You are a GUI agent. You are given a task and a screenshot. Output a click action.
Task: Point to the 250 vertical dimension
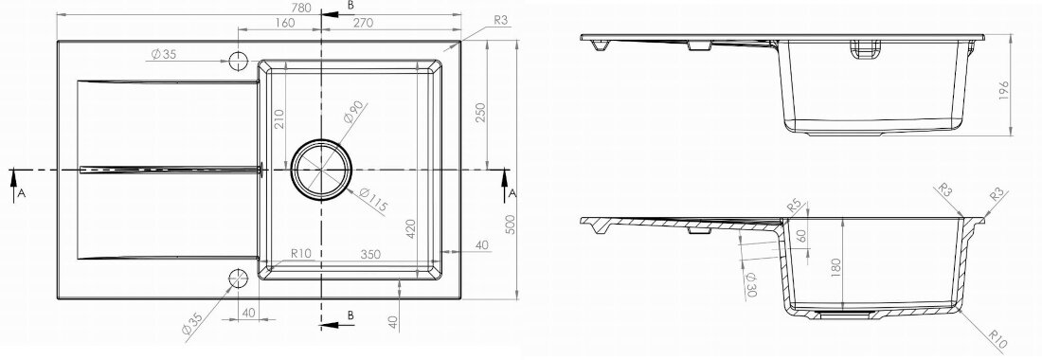click(480, 113)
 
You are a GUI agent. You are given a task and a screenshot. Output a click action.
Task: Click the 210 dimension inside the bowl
click(278, 119)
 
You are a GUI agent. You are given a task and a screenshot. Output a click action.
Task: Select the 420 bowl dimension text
click(410, 227)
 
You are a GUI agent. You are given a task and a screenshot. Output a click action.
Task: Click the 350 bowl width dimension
click(370, 254)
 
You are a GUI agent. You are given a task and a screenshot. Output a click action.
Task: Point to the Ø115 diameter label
click(372, 200)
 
